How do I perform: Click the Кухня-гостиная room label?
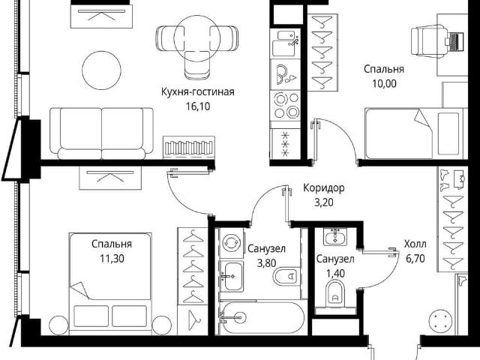198,91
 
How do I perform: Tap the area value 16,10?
198,106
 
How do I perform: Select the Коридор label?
323,188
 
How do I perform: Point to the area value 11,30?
112,259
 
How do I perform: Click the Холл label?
415,244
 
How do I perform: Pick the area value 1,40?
335,273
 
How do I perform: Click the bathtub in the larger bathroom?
262,318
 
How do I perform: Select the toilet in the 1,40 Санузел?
335,293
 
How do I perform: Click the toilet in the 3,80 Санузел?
286,276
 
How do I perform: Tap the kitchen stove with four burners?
286,106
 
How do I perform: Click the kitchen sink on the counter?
285,43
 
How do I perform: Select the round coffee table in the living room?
101,70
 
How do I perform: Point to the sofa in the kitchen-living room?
102,133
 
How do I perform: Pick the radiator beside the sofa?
188,148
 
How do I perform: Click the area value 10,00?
384,83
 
